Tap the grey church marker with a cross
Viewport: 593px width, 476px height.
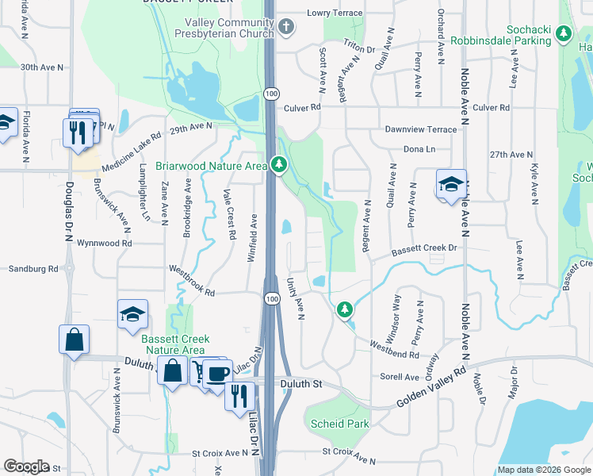pos(286,28)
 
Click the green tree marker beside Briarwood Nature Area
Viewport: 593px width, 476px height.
pos(278,165)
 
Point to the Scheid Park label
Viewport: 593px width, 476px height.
pos(339,424)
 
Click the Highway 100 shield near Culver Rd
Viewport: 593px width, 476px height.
pos(272,94)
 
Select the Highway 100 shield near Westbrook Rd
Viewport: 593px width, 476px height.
pos(272,298)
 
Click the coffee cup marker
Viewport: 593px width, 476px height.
pos(217,372)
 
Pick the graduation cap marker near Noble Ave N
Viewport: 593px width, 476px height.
pos(451,185)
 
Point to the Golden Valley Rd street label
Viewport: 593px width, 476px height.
pos(433,386)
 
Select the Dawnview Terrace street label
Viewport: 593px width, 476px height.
pos(420,129)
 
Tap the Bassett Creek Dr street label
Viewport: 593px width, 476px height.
pos(425,250)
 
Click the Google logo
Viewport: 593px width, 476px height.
pos(26,466)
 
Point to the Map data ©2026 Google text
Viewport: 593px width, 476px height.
pos(544,470)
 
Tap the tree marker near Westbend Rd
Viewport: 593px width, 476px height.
pos(344,309)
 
